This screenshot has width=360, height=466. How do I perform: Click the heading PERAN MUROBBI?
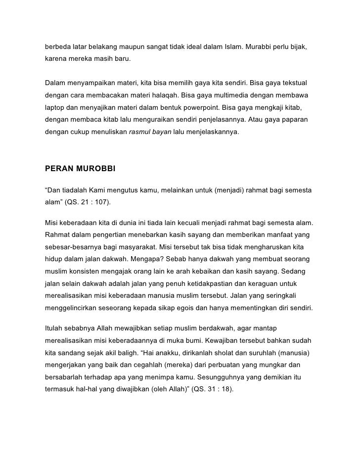(80, 168)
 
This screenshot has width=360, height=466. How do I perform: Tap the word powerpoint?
(205, 107)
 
